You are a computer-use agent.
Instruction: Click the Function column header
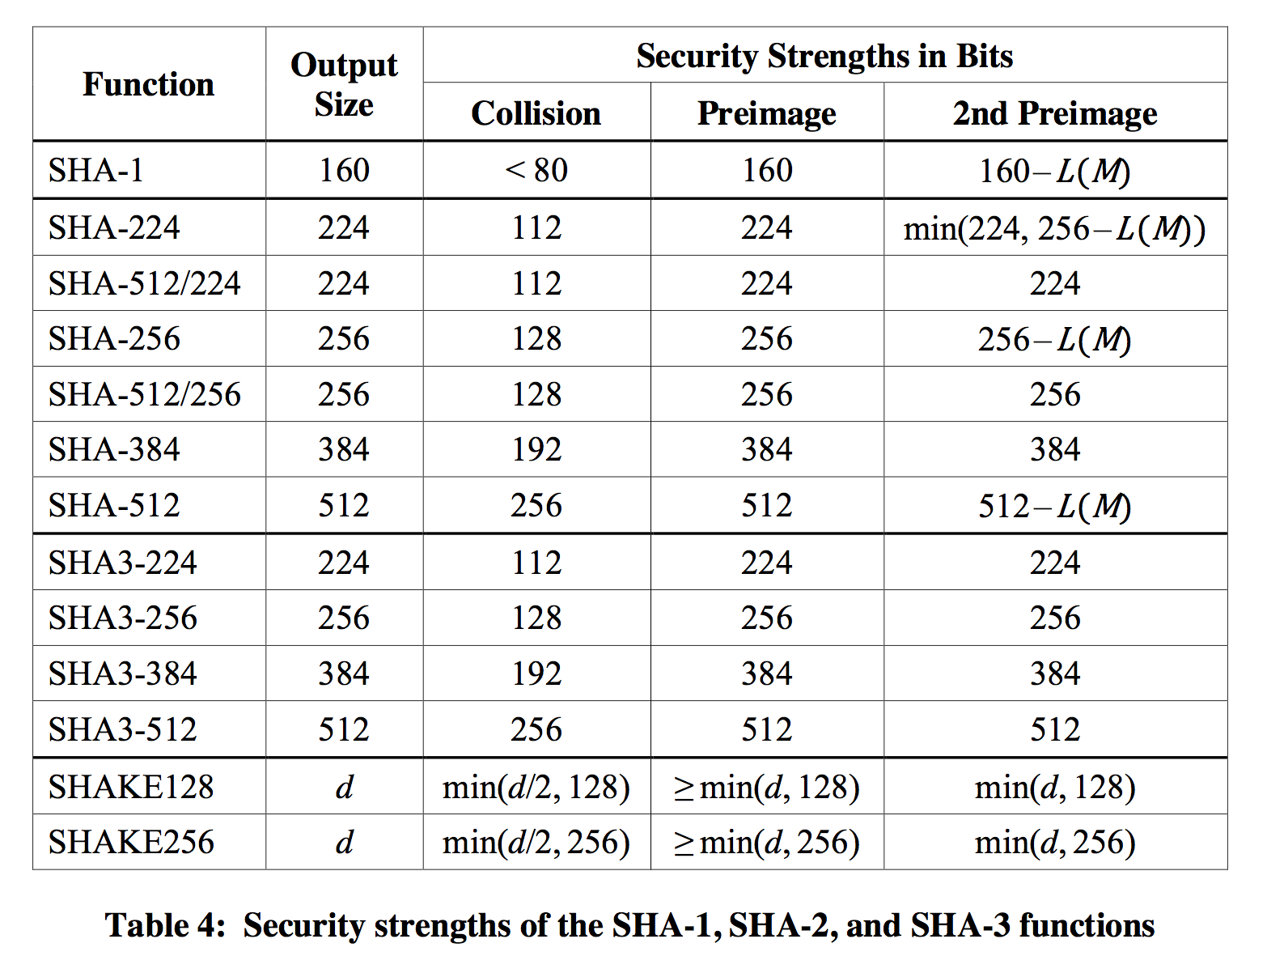click(148, 84)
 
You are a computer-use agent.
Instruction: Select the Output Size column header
click(344, 84)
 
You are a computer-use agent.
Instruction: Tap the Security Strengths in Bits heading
click(824, 56)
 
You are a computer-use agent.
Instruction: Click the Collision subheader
click(536, 113)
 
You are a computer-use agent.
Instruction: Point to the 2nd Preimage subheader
click(1054, 113)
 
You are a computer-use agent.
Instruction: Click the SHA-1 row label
click(96, 170)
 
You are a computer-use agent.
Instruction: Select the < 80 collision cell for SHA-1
click(536, 170)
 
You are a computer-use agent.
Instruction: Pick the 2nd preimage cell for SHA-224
click(1054, 229)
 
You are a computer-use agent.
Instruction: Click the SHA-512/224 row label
click(145, 283)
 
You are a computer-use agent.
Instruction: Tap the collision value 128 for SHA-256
click(536, 338)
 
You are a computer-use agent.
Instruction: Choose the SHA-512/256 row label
click(145, 394)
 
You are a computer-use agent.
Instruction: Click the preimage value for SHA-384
click(766, 449)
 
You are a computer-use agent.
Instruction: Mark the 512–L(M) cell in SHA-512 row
click(1054, 506)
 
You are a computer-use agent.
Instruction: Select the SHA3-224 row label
click(123, 563)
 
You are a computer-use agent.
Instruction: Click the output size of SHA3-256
click(344, 618)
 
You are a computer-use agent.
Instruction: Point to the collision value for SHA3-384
click(536, 673)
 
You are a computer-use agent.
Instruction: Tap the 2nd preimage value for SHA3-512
click(1054, 729)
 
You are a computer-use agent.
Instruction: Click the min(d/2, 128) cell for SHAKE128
click(536, 787)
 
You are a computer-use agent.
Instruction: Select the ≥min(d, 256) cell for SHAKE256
click(766, 843)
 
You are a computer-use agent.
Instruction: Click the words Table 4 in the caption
click(165, 925)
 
